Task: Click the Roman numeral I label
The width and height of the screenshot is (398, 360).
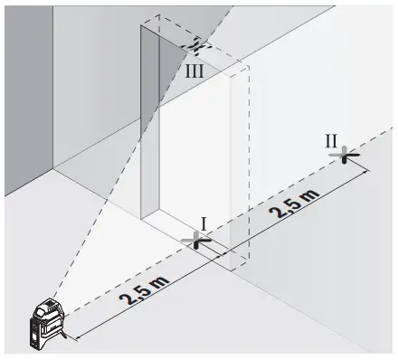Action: pyautogui.click(x=204, y=223)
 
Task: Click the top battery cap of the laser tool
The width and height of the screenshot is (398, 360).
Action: pyautogui.click(x=45, y=302)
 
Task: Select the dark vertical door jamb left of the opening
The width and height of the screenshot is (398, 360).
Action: pyautogui.click(x=149, y=118)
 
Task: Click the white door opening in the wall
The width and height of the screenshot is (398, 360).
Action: pyautogui.click(x=194, y=154)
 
